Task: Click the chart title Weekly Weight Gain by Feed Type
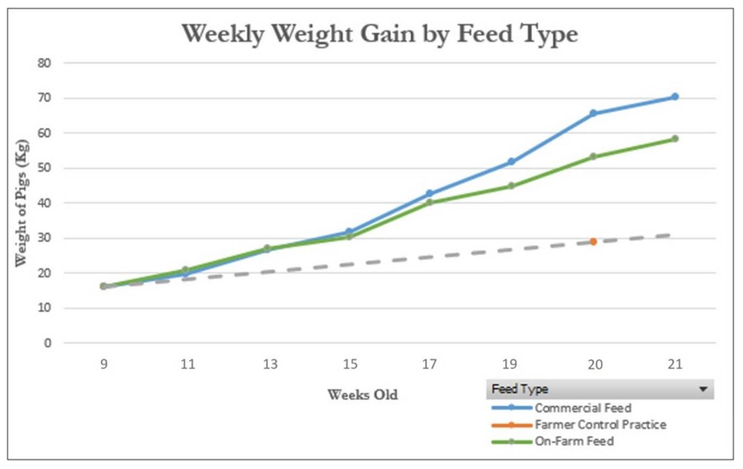pyautogui.click(x=379, y=34)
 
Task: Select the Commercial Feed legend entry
pyautogui.click(x=582, y=408)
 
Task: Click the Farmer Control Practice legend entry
pyautogui.click(x=600, y=424)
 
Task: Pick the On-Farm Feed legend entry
pyautogui.click(x=574, y=441)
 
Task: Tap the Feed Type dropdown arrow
pyautogui.click(x=703, y=389)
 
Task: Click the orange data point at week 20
pyautogui.click(x=593, y=242)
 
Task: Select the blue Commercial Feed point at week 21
pyautogui.click(x=675, y=97)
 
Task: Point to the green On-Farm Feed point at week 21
pyautogui.click(x=675, y=139)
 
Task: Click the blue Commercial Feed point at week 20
pyautogui.click(x=593, y=114)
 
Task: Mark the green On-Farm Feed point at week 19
pyautogui.click(x=511, y=186)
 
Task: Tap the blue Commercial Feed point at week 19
pyautogui.click(x=511, y=162)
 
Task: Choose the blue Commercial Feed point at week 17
pyautogui.click(x=429, y=194)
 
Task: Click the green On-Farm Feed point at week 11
pyautogui.click(x=185, y=270)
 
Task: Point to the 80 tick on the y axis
pyautogui.click(x=45, y=63)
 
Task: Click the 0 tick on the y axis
pyautogui.click(x=48, y=343)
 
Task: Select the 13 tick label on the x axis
pyautogui.click(x=270, y=364)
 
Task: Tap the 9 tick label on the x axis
pyautogui.click(x=104, y=364)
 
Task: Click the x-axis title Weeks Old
pyautogui.click(x=362, y=395)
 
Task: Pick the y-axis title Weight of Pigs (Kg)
pyautogui.click(x=22, y=203)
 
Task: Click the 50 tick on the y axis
pyautogui.click(x=45, y=168)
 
